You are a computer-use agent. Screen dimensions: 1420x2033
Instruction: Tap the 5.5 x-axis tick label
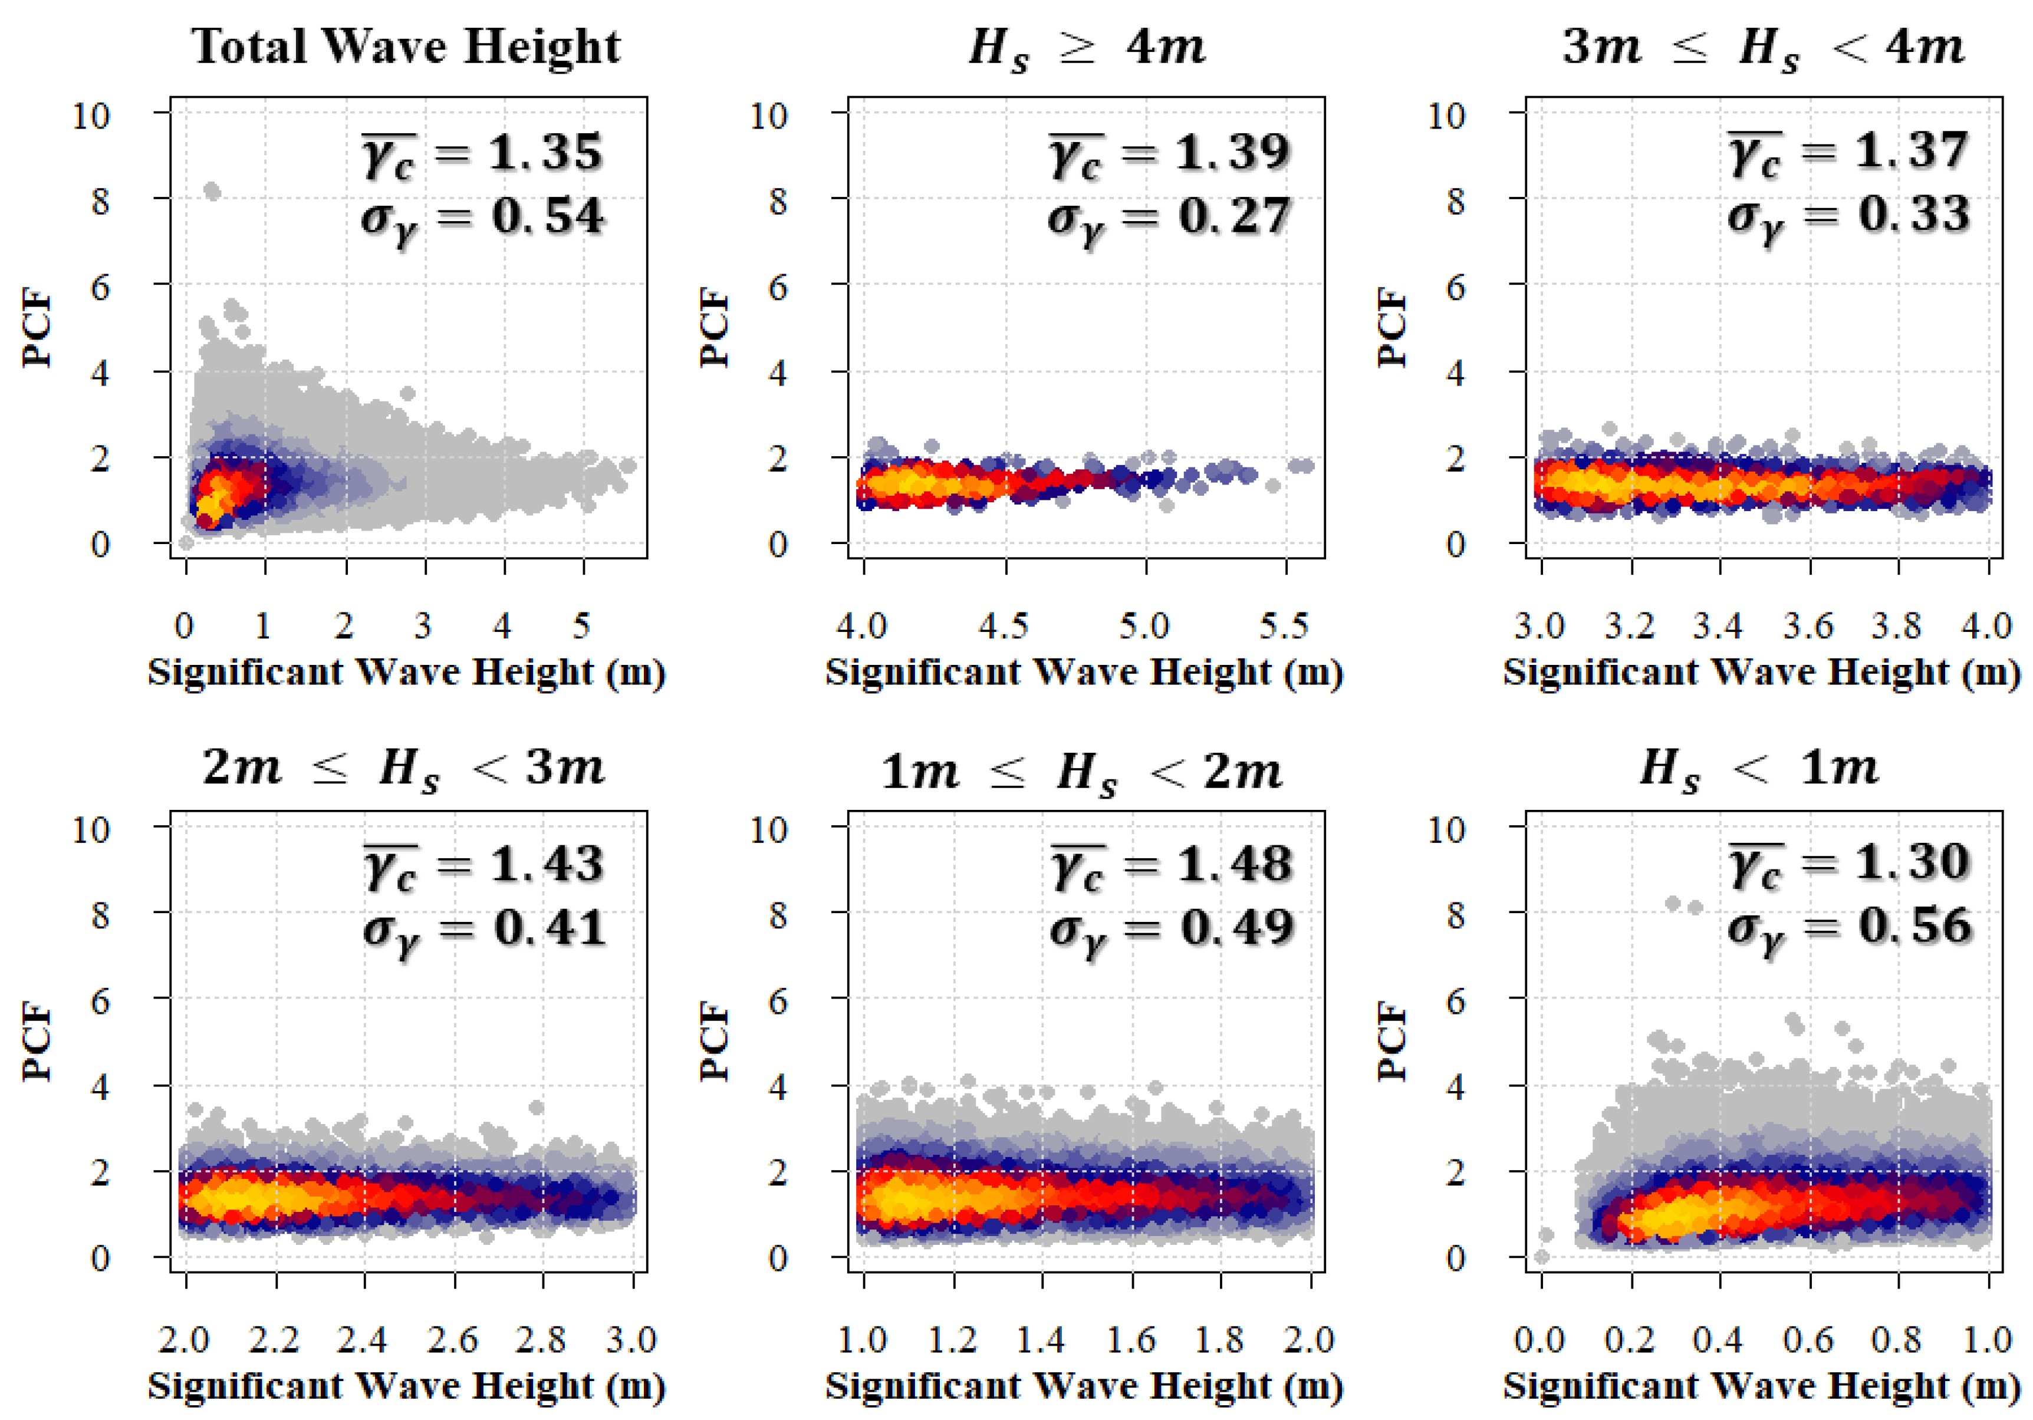click(x=1284, y=626)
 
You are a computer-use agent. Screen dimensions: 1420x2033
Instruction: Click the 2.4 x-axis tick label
click(x=362, y=1339)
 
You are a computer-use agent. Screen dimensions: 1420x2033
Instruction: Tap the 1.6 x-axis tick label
click(x=1131, y=1339)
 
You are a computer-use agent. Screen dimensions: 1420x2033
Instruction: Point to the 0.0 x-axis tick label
click(x=1540, y=1339)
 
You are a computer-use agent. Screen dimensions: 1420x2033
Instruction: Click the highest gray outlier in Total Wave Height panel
click(x=212, y=190)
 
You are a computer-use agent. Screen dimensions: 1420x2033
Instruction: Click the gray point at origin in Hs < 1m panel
click(x=1542, y=1256)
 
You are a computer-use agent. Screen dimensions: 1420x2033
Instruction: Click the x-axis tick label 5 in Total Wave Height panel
click(x=581, y=626)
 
